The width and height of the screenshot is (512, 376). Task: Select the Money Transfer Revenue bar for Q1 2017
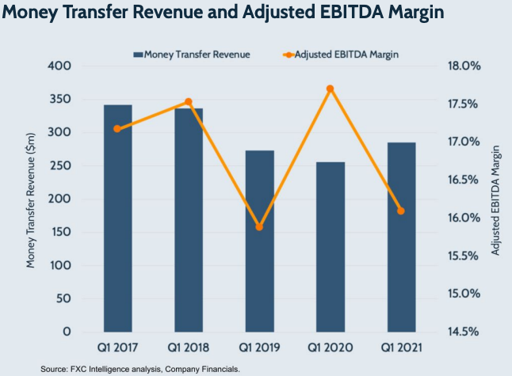point(117,218)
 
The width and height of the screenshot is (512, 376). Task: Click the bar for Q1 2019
point(259,241)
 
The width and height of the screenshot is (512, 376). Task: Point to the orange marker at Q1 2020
point(330,89)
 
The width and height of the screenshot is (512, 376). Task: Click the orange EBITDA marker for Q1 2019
point(259,227)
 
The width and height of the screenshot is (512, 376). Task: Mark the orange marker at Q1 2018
point(189,101)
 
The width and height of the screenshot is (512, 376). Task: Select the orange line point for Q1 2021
point(400,211)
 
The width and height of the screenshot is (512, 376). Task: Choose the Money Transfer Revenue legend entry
point(193,55)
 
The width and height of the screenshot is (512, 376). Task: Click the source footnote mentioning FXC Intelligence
point(140,368)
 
